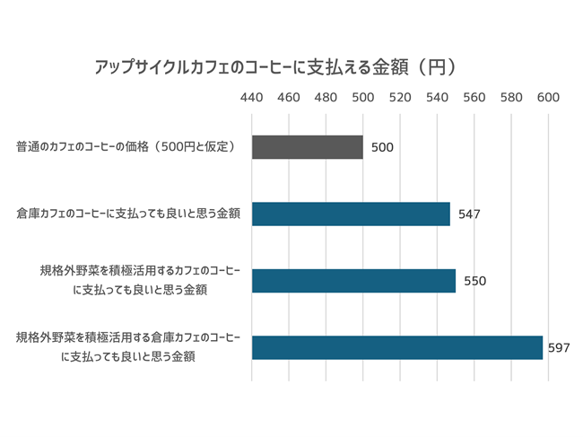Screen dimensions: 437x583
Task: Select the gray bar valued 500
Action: pyautogui.click(x=307, y=147)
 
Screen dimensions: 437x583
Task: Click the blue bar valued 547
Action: pyautogui.click(x=351, y=214)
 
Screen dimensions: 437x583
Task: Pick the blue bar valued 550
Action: pyautogui.click(x=353, y=281)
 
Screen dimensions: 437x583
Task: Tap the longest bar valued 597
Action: pyautogui.click(x=396, y=347)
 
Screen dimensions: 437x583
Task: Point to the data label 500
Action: pyautogui.click(x=382, y=148)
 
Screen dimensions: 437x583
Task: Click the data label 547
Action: pyautogui.click(x=469, y=214)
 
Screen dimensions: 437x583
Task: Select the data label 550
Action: pyautogui.click(x=474, y=281)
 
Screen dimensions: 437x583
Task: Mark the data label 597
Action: pyautogui.click(x=559, y=347)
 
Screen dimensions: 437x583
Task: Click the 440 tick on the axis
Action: pyautogui.click(x=252, y=98)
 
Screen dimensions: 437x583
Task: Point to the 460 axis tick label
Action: pyautogui.click(x=289, y=98)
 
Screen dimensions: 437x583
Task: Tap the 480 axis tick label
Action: pyautogui.click(x=326, y=98)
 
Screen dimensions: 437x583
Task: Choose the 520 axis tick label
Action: pyautogui.click(x=400, y=98)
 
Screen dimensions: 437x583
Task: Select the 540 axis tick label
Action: pyautogui.click(x=437, y=98)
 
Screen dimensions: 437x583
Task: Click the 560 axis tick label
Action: pyautogui.click(x=474, y=98)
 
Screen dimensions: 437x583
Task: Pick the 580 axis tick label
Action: pyautogui.click(x=511, y=98)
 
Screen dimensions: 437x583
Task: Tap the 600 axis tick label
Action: pyautogui.click(x=548, y=98)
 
